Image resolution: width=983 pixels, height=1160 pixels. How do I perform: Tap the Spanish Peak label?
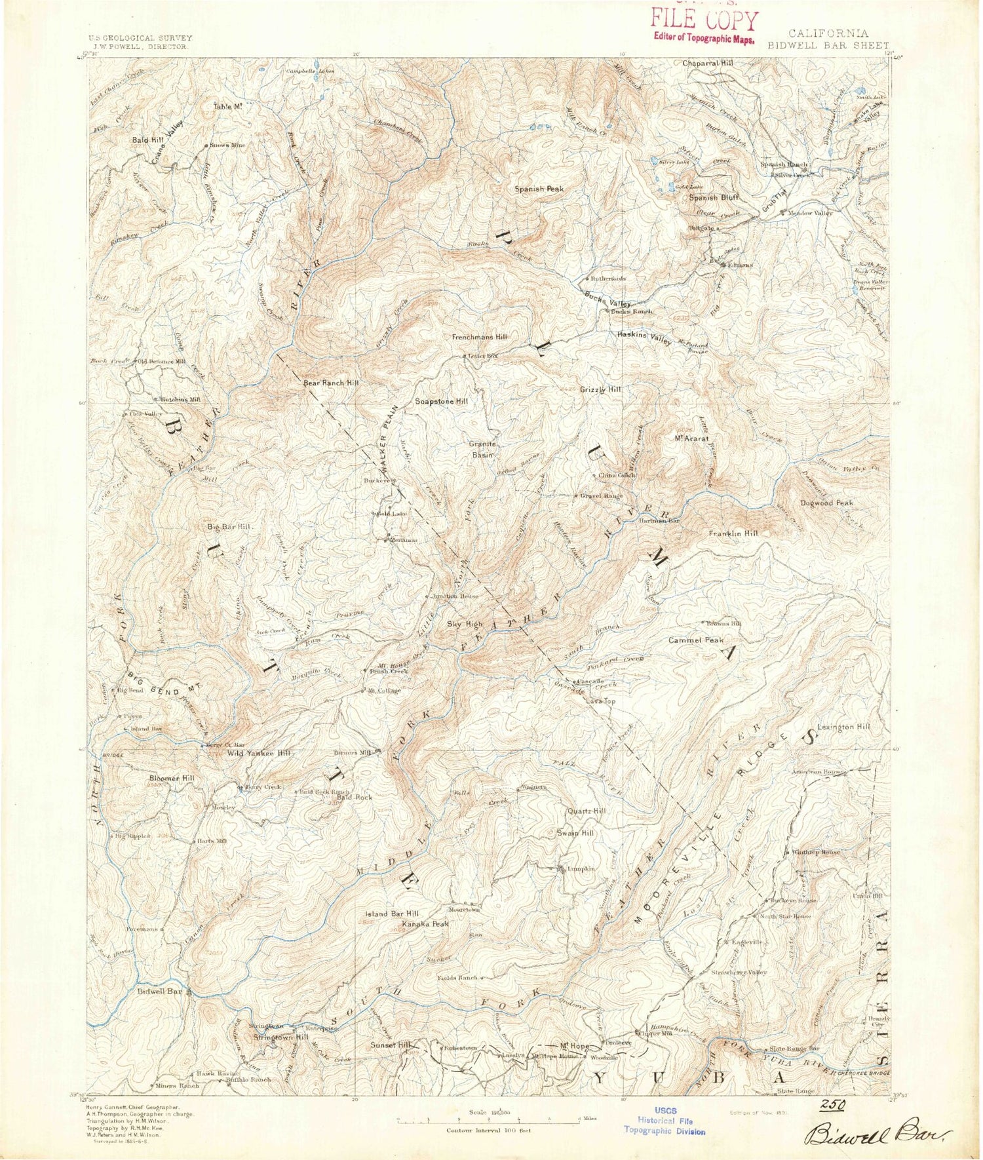tap(539, 189)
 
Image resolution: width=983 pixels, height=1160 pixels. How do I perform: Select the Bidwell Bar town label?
tap(160, 992)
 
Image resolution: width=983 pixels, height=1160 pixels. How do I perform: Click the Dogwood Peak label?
tap(826, 503)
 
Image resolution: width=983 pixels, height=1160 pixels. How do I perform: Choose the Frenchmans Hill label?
tap(480, 337)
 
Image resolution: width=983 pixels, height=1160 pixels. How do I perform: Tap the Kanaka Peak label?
tap(425, 924)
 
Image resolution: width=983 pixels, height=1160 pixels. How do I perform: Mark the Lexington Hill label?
tap(843, 727)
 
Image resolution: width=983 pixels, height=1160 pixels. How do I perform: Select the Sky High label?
tap(465, 624)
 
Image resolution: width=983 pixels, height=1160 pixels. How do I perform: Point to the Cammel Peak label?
tap(695, 640)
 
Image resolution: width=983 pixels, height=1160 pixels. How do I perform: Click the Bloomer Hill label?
tap(172, 778)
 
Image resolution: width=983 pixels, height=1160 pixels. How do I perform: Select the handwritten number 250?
tap(833, 1105)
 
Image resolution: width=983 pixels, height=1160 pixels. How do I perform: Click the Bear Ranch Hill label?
tap(331, 383)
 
